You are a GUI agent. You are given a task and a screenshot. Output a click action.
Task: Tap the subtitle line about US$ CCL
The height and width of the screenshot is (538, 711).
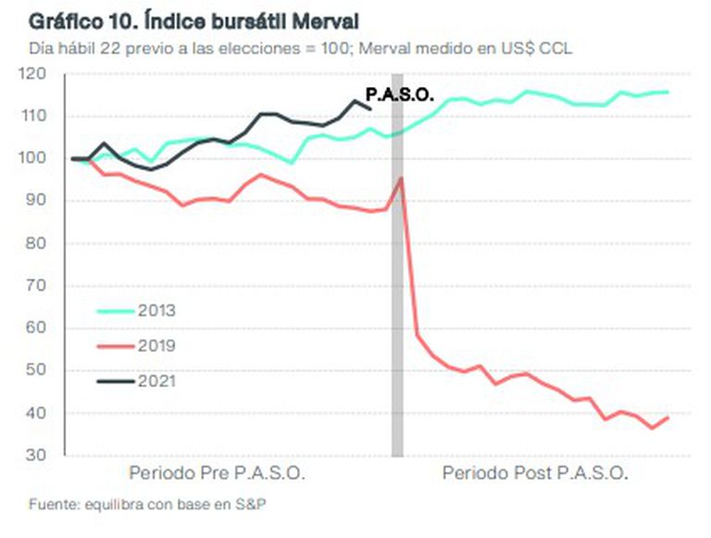[x=300, y=47]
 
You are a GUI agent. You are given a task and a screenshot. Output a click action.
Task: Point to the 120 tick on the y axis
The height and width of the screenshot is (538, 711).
[x=44, y=73]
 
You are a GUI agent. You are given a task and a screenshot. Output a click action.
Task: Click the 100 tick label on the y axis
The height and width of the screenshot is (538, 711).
[x=44, y=158]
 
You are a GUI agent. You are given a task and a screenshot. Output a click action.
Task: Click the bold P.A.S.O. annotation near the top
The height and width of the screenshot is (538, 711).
[x=401, y=94]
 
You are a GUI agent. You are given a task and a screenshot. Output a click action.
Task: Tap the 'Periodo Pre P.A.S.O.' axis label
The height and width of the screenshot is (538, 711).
[x=217, y=473]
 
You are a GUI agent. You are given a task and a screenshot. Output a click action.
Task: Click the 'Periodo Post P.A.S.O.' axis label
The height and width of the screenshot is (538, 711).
[x=535, y=473]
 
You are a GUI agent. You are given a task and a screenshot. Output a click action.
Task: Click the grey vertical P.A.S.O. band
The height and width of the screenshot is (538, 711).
[x=397, y=278]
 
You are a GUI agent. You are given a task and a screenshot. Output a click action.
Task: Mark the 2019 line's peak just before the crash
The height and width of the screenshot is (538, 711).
[x=400, y=178]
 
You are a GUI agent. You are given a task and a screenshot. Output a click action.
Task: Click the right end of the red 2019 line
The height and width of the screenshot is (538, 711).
[x=668, y=418]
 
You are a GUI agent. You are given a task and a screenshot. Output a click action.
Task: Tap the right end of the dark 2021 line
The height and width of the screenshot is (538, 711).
[x=370, y=108]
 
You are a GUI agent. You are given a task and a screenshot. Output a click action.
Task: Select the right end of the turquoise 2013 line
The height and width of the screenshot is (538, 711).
[x=668, y=92]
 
